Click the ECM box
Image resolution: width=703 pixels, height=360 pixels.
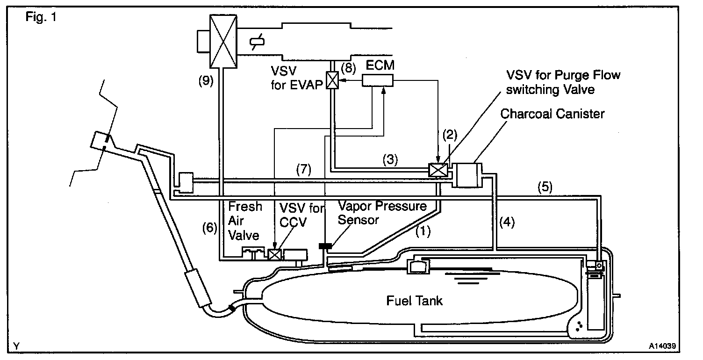tap(378, 81)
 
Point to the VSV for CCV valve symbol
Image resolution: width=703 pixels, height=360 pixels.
tap(275, 255)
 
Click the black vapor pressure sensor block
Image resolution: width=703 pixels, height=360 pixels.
tap(324, 246)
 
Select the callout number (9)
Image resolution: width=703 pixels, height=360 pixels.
tap(205, 80)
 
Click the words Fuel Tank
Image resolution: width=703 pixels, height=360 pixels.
tap(414, 301)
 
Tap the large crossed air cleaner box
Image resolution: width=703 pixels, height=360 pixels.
tap(223, 41)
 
